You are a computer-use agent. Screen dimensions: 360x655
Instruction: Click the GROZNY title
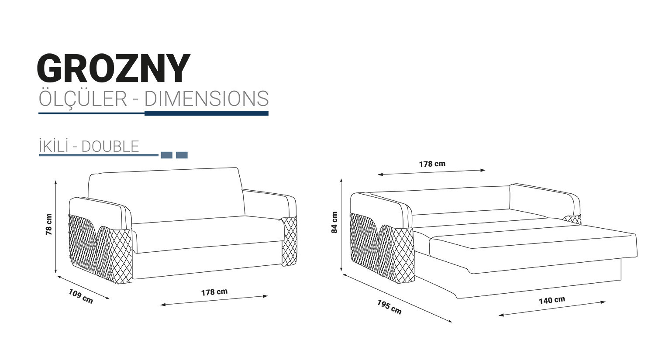114,69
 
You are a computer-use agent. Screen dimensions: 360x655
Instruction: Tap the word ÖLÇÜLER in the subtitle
83,99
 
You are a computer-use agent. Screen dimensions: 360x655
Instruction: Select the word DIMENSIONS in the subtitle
206,99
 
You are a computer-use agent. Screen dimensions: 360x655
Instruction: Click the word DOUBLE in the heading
110,146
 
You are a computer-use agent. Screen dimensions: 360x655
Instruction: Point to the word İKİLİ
53,146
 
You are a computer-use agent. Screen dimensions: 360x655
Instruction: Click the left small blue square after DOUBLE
166,155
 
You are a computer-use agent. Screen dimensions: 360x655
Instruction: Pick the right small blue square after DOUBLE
182,155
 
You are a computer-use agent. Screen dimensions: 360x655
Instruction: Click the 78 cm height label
49,224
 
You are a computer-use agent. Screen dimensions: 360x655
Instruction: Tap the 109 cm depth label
81,296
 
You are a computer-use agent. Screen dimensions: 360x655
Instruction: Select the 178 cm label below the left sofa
214,292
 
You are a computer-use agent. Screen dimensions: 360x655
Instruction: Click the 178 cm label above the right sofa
432,164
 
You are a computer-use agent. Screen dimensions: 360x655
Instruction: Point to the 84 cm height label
334,223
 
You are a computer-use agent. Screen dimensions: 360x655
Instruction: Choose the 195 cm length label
389,307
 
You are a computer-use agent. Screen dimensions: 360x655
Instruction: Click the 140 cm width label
552,300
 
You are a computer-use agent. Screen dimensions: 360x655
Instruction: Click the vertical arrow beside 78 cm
56,227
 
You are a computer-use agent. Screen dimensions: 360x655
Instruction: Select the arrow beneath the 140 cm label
552,308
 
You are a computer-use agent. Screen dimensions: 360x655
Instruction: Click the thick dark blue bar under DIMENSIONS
206,113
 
